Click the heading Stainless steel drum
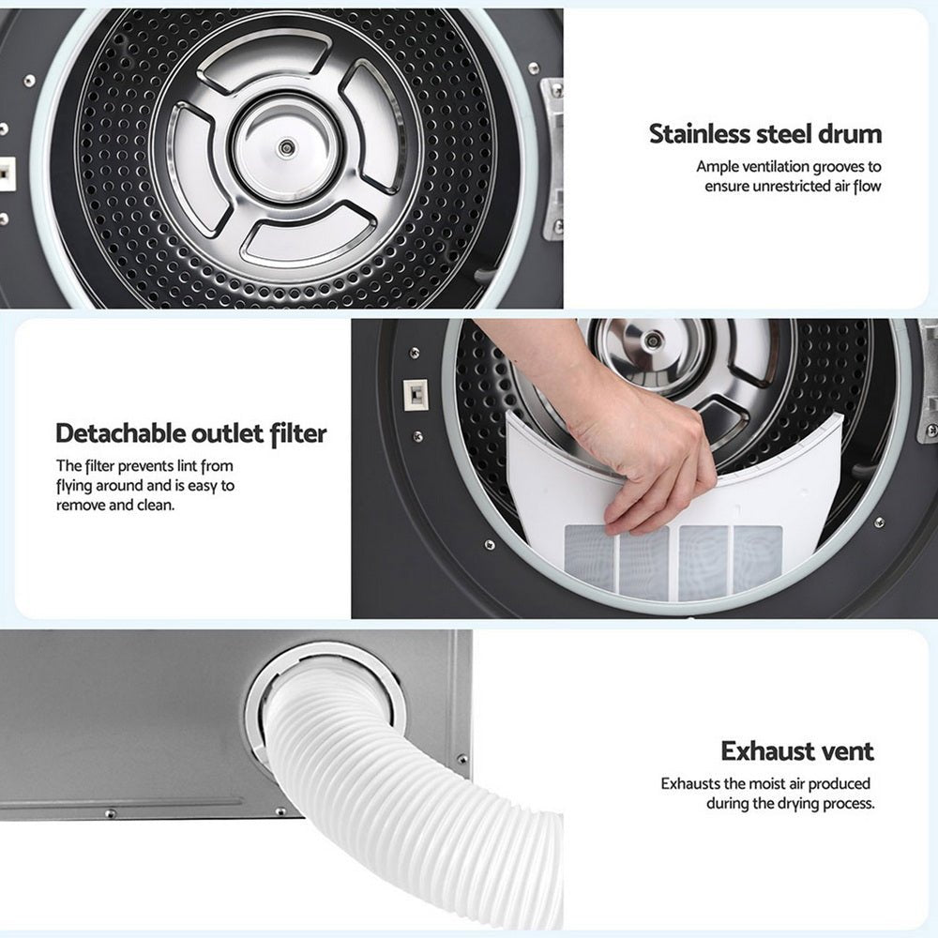[x=765, y=133]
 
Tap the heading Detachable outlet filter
[x=191, y=433]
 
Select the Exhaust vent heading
[x=797, y=750]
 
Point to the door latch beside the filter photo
[x=414, y=393]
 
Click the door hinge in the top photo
[x=553, y=150]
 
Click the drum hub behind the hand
[x=652, y=340]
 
